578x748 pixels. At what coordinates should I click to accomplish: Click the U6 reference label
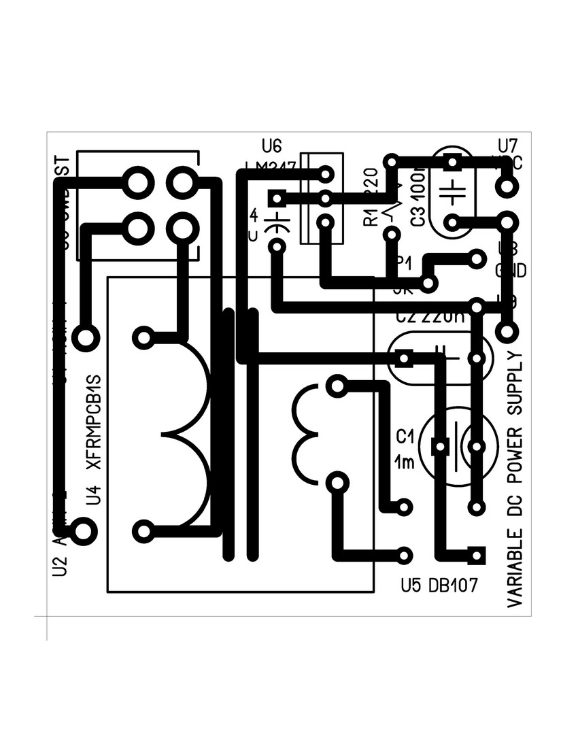pyautogui.click(x=271, y=146)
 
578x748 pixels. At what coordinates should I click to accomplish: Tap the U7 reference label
pyautogui.click(x=507, y=146)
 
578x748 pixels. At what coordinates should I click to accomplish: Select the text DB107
pyautogui.click(x=454, y=585)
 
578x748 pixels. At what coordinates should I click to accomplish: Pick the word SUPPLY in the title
pyautogui.click(x=515, y=385)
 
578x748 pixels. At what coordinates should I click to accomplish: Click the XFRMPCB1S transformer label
pyautogui.click(x=95, y=422)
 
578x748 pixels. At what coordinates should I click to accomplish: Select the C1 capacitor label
pyautogui.click(x=405, y=436)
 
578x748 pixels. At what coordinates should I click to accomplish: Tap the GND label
pyautogui.click(x=510, y=271)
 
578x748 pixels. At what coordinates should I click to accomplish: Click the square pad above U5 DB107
pyautogui.click(x=476, y=555)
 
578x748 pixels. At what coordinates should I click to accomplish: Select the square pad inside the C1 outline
pyautogui.click(x=441, y=447)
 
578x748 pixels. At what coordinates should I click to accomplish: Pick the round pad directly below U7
pyautogui.click(x=505, y=184)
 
